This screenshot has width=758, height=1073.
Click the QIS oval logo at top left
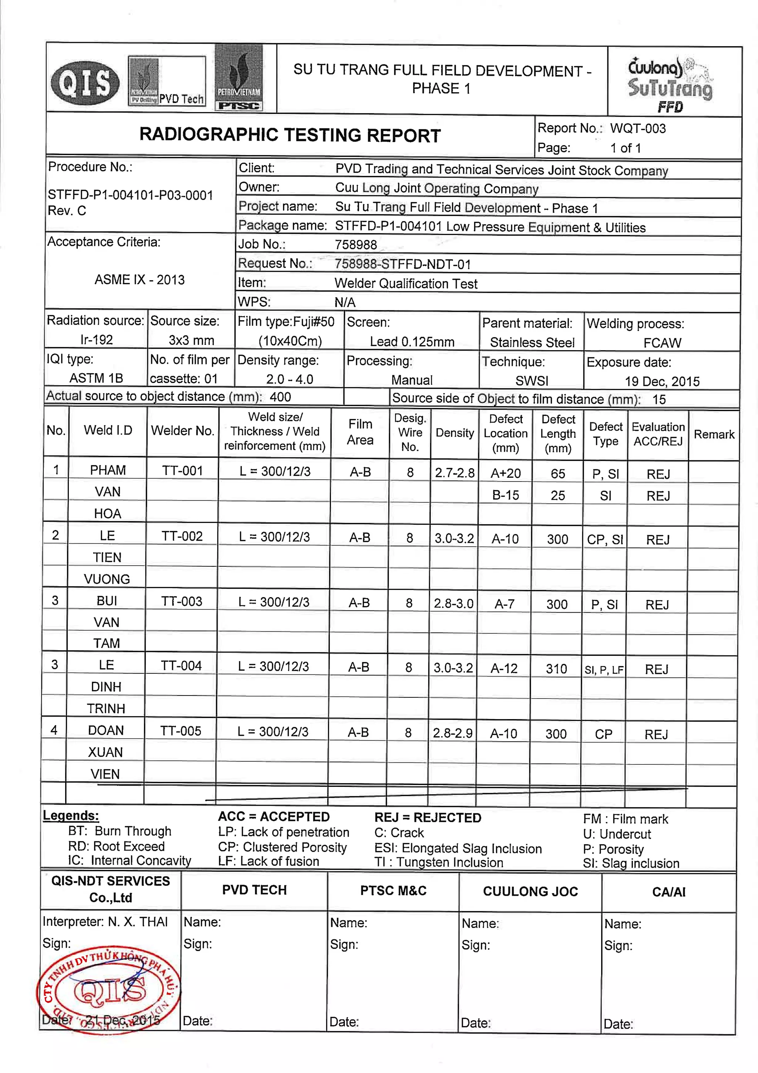click(85, 83)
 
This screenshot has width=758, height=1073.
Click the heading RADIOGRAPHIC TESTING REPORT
click(290, 135)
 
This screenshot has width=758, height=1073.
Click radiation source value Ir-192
click(96, 339)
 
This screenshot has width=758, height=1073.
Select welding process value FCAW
click(662, 343)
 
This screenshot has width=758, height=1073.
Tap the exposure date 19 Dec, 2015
click(662, 381)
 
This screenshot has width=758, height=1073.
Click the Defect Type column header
click(606, 434)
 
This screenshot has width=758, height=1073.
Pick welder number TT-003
click(181, 601)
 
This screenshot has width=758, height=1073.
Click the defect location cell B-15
click(505, 495)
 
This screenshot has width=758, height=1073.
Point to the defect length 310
click(556, 669)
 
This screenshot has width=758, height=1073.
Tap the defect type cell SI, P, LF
click(604, 670)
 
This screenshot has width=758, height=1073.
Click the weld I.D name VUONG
click(107, 579)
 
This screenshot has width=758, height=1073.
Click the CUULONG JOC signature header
click(530, 891)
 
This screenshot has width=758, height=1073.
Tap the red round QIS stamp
click(108, 991)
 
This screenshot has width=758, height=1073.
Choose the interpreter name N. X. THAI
click(137, 922)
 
